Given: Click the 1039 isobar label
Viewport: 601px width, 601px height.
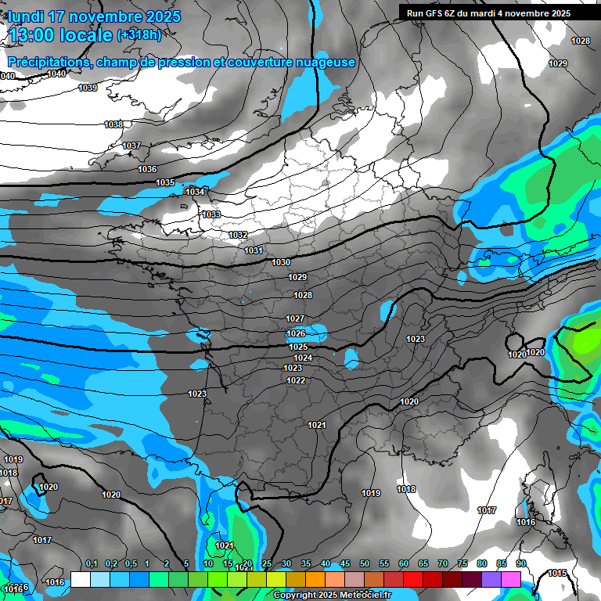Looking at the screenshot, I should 88,88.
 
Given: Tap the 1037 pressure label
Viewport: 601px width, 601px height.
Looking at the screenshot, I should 131,146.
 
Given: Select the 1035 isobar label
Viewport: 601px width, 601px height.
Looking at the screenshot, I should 165,182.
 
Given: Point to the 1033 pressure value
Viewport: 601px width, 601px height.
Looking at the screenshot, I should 211,214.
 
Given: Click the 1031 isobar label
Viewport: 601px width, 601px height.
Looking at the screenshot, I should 254,250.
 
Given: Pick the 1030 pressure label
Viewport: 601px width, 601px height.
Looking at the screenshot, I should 281,262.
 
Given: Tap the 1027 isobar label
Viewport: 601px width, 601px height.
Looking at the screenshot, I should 295,318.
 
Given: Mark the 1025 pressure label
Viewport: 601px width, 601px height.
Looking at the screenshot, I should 298,347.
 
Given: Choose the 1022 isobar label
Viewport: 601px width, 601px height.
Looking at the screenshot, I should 296,380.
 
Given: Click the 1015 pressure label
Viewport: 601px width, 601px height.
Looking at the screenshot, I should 557,573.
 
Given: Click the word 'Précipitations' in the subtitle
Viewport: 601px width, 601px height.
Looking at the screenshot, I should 48,62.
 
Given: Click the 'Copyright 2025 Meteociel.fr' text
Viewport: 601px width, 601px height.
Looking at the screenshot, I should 333,596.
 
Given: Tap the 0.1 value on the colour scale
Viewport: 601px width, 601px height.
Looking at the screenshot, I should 91,564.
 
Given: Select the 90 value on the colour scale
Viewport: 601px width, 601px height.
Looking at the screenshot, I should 520,564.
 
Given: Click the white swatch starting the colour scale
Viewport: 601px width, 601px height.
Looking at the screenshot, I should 80,578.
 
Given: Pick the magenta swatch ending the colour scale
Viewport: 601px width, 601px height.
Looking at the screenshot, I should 511,578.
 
